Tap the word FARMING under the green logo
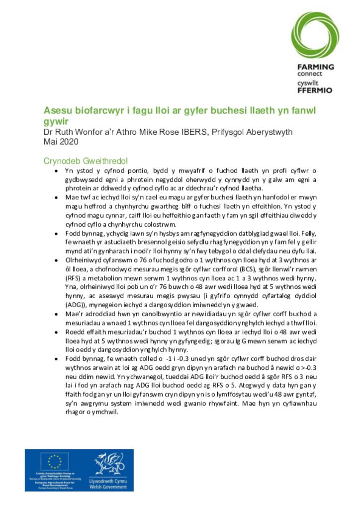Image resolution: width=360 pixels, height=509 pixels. [315, 67]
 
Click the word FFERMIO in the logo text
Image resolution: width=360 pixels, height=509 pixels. [315, 90]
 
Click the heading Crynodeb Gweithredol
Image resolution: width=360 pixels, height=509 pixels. [86, 161]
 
